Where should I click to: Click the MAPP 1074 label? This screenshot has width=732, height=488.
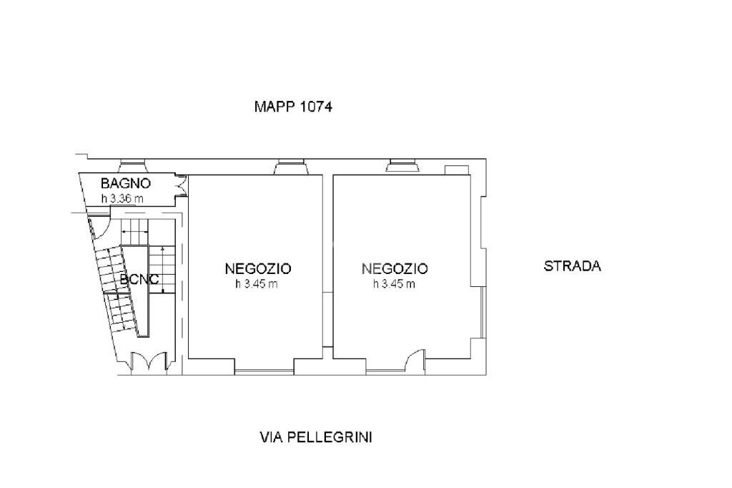click(x=293, y=107)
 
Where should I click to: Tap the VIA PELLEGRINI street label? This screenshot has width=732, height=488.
click(x=315, y=437)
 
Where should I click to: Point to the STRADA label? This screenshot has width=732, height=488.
click(x=573, y=266)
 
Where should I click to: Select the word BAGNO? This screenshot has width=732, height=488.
click(x=125, y=183)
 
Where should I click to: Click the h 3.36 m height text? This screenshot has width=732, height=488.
click(x=122, y=199)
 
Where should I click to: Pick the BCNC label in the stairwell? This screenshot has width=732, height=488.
click(x=139, y=280)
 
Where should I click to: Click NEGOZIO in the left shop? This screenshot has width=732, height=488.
click(x=258, y=269)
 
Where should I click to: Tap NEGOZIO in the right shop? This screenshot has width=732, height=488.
click(x=395, y=269)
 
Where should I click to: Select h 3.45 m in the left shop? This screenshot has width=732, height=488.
click(x=257, y=284)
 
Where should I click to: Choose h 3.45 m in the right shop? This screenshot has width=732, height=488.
click(x=394, y=284)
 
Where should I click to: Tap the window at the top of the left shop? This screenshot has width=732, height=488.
click(x=292, y=167)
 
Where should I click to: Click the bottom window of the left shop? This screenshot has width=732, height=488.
click(x=264, y=371)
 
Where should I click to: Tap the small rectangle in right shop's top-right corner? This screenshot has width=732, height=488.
click(x=454, y=170)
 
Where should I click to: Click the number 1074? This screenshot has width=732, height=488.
click(x=317, y=107)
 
